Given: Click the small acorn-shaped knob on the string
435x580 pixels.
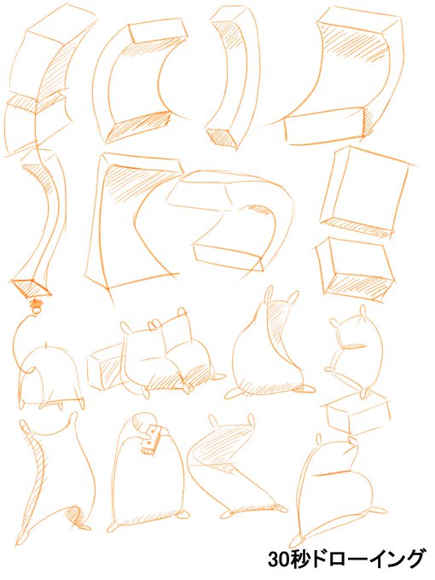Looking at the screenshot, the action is tap(37, 305).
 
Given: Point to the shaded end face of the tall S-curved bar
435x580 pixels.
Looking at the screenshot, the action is tap(32, 287).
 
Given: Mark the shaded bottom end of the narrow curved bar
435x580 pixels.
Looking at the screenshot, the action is tap(221, 136).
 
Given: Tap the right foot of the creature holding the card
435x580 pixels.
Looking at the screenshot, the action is tap(184, 514).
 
